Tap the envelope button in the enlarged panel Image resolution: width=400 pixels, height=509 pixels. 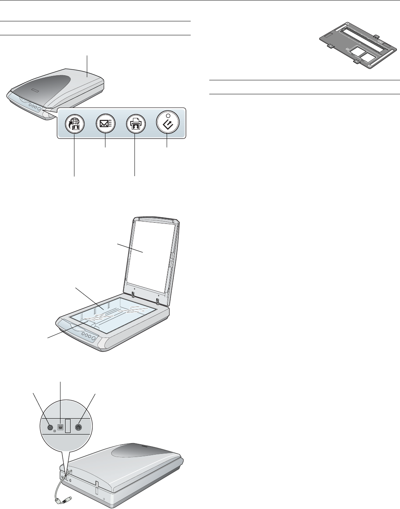(105, 124)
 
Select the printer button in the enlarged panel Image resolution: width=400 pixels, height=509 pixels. (135, 124)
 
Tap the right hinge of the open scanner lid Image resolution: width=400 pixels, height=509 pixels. (158, 301)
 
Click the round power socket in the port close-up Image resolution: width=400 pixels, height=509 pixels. (50, 428)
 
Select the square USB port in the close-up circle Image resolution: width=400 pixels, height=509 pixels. (60, 427)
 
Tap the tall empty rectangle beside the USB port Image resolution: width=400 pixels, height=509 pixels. (68, 426)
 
